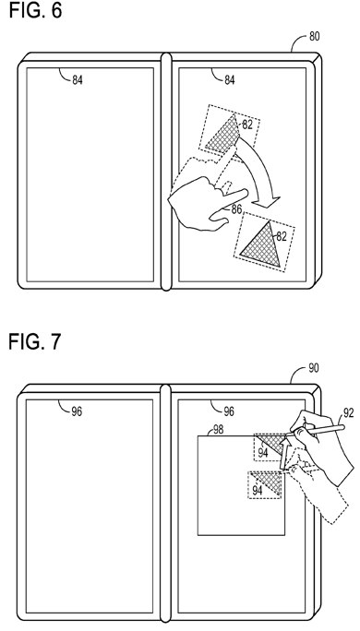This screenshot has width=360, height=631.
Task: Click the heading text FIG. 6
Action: point(35,10)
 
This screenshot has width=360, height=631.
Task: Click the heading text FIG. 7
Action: point(35,341)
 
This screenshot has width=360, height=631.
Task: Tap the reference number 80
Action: point(314,36)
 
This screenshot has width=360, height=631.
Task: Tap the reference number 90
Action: point(314,367)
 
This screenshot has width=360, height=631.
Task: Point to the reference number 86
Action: point(236,208)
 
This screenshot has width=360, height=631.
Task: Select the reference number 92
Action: point(348,411)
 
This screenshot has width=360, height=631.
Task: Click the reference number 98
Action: point(218,430)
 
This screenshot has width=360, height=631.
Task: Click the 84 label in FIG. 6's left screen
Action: point(78,80)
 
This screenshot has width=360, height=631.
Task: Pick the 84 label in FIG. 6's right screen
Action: point(229,80)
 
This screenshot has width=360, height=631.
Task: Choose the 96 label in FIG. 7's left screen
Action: point(77,411)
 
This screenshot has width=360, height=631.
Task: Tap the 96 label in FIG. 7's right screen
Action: point(229,411)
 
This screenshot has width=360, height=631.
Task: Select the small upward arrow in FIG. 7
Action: point(284,453)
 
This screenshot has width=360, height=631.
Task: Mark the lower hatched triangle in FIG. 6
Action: point(262,246)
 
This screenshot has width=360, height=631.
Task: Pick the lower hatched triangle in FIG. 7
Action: point(269,482)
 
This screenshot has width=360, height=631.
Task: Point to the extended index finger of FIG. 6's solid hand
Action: point(233,197)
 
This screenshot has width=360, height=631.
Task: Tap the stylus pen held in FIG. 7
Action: point(317,430)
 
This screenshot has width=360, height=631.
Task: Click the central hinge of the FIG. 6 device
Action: point(166,171)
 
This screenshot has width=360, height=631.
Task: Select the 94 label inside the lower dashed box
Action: point(258,491)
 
